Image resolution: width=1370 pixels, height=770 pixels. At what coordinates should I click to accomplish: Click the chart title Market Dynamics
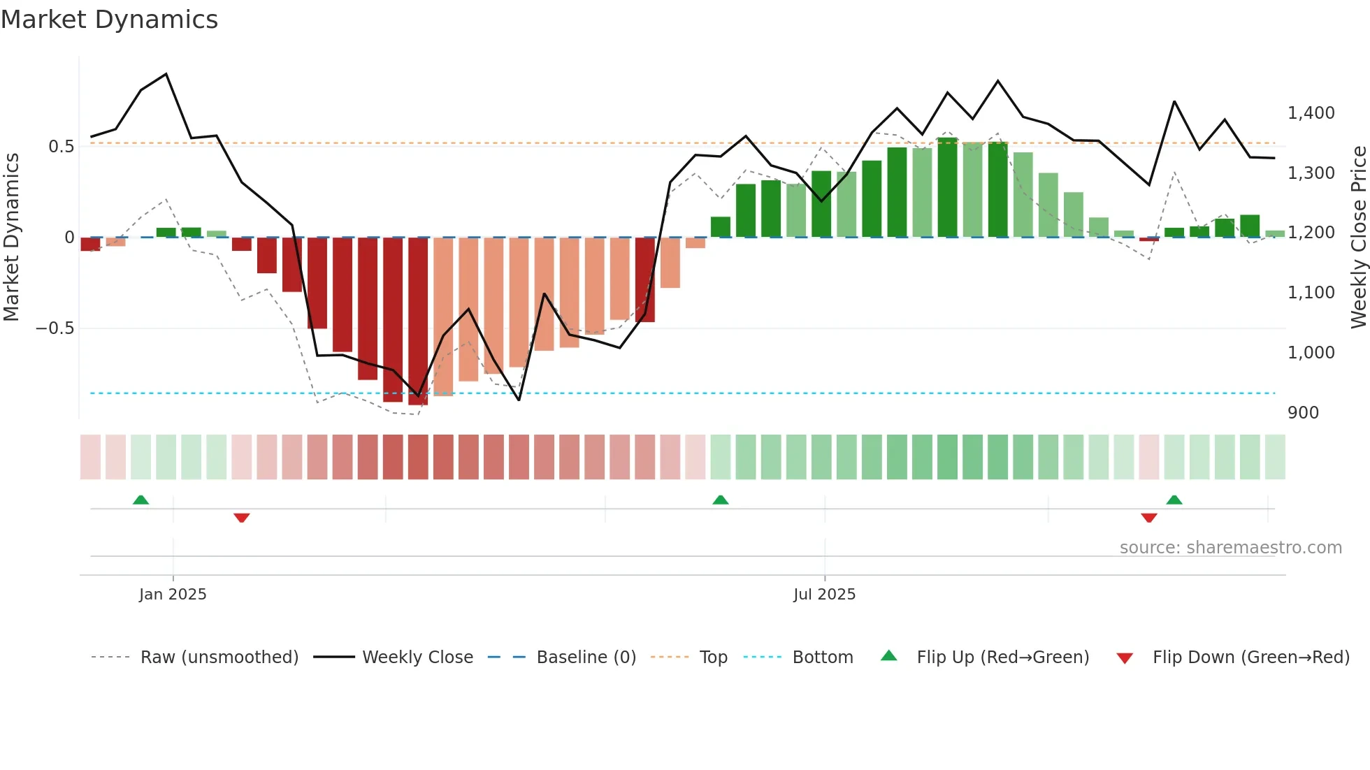point(109,20)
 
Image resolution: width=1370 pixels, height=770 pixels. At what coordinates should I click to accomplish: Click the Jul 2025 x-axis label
point(824,595)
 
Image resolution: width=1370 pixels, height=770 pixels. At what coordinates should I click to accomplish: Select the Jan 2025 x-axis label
point(173,595)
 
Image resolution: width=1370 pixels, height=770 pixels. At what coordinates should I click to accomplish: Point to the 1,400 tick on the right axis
point(1311,113)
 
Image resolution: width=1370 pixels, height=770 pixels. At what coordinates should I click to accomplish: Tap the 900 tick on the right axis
point(1303,413)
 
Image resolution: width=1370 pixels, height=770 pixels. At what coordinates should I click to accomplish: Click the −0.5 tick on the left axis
point(55,328)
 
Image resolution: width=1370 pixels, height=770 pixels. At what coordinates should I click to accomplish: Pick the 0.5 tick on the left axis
point(61,147)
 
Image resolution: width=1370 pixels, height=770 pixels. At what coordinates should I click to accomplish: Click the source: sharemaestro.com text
point(1230,548)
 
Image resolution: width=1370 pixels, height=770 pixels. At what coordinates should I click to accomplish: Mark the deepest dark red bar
point(418,321)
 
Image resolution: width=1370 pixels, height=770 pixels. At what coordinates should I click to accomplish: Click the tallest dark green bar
point(947,189)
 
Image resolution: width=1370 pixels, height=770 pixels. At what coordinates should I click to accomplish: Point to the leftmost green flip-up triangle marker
point(140,500)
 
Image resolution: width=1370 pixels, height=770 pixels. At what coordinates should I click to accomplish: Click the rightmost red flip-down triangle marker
point(1148,518)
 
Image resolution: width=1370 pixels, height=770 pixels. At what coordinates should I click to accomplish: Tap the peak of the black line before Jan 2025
point(166,74)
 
